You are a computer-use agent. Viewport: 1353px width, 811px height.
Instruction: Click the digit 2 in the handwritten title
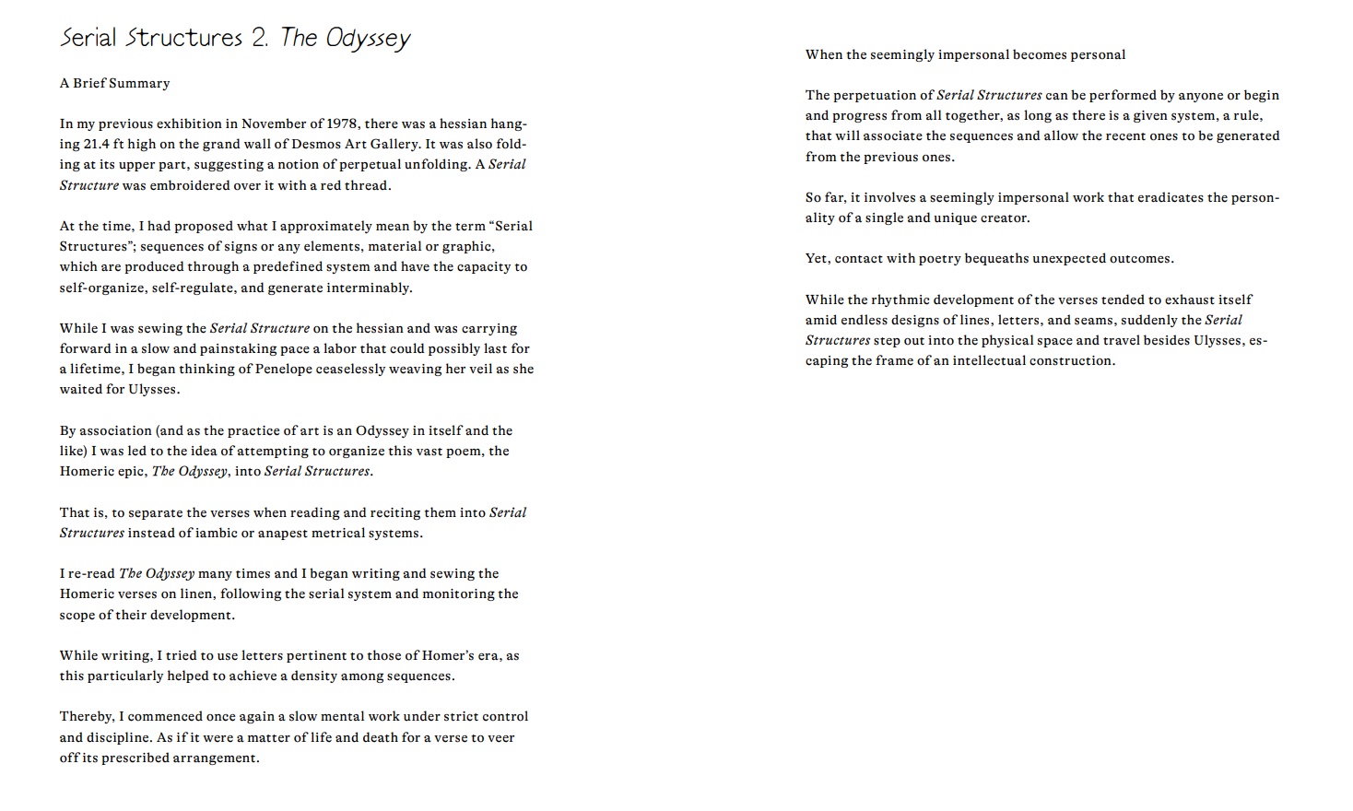257,38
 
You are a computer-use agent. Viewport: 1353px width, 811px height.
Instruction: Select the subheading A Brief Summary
115,83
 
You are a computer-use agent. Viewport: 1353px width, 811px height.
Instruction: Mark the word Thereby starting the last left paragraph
87,716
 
